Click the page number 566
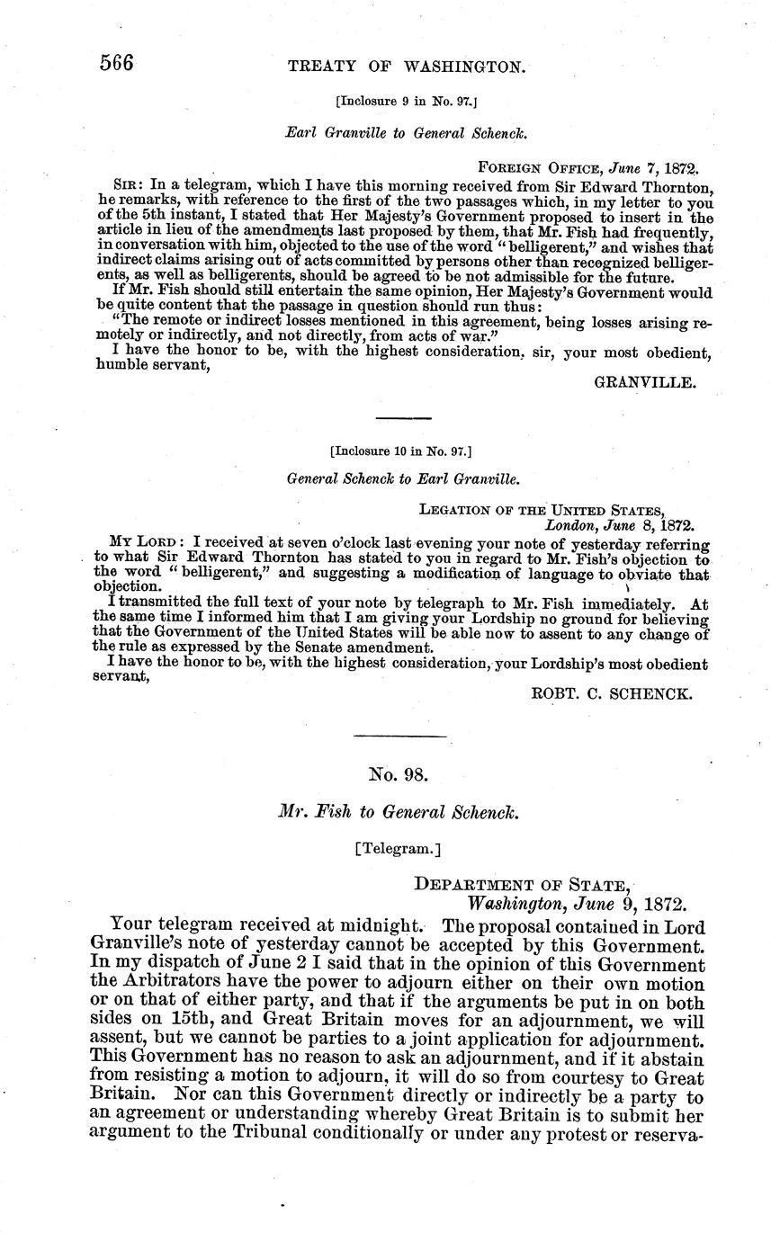[116, 64]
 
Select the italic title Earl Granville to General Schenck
[406, 133]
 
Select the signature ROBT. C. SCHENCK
[611, 693]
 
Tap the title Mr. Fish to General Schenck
[399, 811]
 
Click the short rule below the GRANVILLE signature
[403, 418]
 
